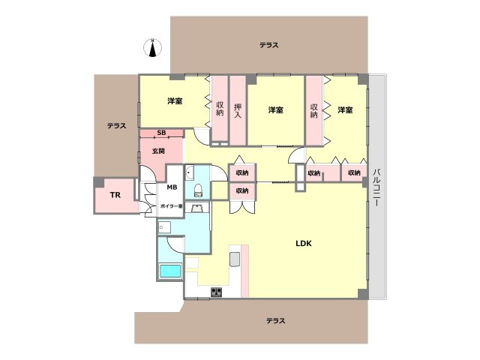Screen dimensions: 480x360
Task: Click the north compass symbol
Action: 152,48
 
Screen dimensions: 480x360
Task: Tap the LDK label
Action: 303,243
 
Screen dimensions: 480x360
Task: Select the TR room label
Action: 115,195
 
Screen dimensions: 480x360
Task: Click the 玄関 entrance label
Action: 158,151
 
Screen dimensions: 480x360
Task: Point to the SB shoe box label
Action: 161,133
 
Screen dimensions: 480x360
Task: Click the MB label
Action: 172,187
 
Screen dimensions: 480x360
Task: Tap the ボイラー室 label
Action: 171,206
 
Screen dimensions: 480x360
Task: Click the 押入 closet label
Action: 238,110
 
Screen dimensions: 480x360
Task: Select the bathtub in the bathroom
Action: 170,271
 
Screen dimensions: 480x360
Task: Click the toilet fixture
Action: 198,190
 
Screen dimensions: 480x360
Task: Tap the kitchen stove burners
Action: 216,292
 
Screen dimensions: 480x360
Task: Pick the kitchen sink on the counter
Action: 235,259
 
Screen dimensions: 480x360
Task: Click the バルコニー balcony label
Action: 376,187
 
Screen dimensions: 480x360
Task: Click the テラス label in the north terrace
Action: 268,45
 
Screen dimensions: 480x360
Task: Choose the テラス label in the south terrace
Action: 275,321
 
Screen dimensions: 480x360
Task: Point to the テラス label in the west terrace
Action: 116,126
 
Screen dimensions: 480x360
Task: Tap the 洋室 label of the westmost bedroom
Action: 175,101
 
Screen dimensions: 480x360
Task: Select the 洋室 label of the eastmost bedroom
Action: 345,110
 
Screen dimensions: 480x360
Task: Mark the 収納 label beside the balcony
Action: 354,173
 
